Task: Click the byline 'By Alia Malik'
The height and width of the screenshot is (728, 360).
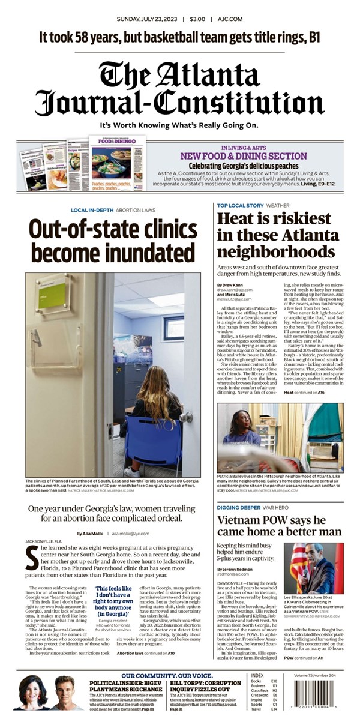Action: [x=88, y=533]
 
